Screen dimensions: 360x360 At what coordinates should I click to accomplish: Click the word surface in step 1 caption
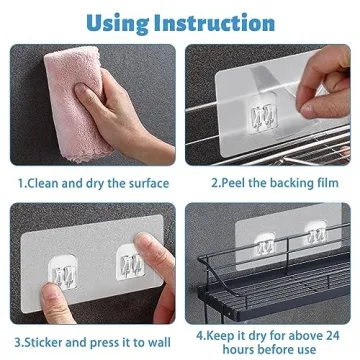click(x=146, y=184)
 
